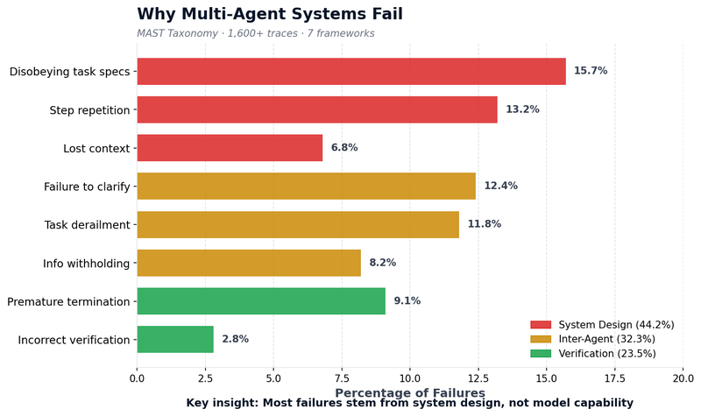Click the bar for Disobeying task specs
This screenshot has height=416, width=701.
click(350, 71)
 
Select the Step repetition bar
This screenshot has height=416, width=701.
click(317, 109)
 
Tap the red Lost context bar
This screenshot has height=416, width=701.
click(230, 148)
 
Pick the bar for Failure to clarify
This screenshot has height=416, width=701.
click(306, 186)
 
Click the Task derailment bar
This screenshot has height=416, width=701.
click(298, 224)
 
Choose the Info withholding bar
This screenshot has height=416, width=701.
click(249, 263)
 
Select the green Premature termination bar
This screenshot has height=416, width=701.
click(261, 301)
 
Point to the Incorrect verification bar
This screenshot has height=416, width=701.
click(175, 340)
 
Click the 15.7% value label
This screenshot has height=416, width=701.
click(590, 71)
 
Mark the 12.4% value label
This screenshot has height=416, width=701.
click(500, 186)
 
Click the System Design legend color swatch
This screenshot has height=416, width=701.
click(541, 325)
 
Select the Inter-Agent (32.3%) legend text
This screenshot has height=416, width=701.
click(605, 339)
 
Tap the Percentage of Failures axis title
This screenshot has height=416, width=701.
click(409, 393)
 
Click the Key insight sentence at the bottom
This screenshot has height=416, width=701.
click(409, 404)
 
